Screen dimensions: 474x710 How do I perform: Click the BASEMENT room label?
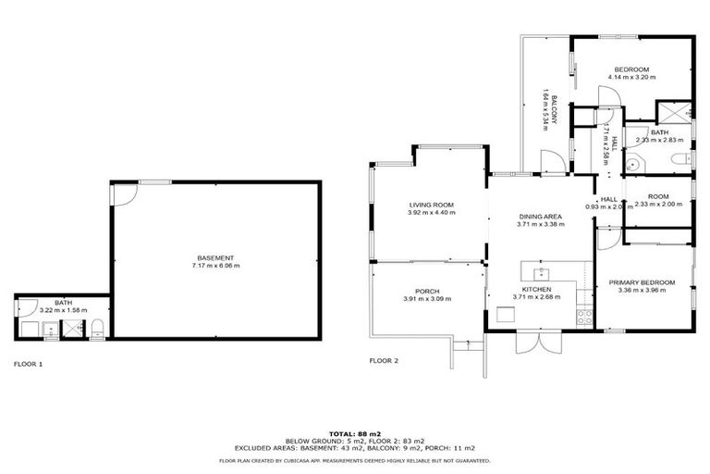(x=215, y=257)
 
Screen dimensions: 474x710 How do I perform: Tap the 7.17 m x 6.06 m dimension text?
(x=215, y=266)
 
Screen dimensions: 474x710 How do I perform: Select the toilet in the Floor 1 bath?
(x=97, y=327)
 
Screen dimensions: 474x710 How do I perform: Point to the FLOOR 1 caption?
(x=28, y=364)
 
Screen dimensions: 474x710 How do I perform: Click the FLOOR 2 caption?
(x=384, y=360)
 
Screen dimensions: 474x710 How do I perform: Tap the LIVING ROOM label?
(x=432, y=205)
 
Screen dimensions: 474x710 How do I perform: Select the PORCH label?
(x=427, y=291)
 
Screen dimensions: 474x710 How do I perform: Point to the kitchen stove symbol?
(x=583, y=316)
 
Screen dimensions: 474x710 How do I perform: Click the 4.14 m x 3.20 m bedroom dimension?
(x=631, y=78)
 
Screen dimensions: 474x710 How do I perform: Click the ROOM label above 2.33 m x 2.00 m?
(x=657, y=196)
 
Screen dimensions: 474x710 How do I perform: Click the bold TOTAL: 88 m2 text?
(x=355, y=432)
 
